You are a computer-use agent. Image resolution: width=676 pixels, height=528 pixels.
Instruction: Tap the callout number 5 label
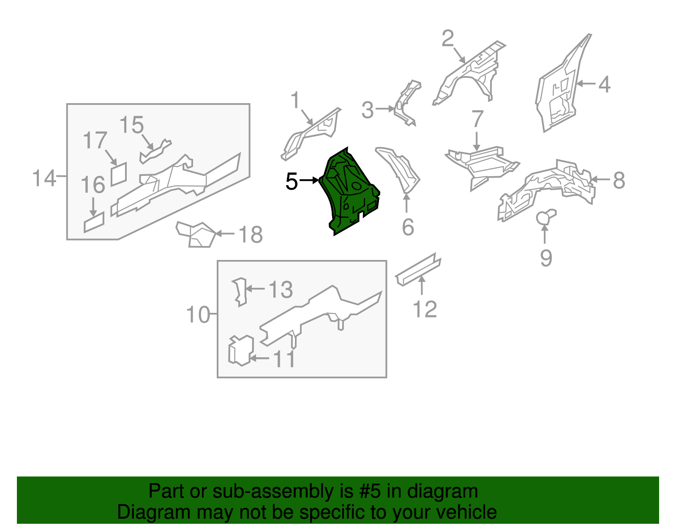pos(292,181)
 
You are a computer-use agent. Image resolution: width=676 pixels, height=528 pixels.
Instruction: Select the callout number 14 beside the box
pos(44,178)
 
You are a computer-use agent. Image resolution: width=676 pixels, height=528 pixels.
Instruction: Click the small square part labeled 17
pos(119,174)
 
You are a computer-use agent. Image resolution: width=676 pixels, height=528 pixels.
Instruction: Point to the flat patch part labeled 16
pos(94,222)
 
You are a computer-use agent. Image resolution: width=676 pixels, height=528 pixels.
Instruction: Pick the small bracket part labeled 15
pos(155,151)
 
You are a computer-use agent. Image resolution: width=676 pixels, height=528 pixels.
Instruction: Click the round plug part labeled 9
pos(545,217)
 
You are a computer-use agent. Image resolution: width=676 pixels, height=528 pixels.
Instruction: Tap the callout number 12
pos(425,309)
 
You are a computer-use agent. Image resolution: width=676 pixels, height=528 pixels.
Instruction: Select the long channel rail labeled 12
pos(418,269)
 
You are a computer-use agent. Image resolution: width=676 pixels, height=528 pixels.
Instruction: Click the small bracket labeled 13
pos(240,292)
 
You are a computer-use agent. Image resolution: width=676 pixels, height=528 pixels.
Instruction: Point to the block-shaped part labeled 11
pos(241,350)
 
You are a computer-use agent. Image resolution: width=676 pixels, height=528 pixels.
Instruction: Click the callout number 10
pos(198,315)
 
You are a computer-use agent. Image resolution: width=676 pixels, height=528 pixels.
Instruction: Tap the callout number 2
pos(448,38)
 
